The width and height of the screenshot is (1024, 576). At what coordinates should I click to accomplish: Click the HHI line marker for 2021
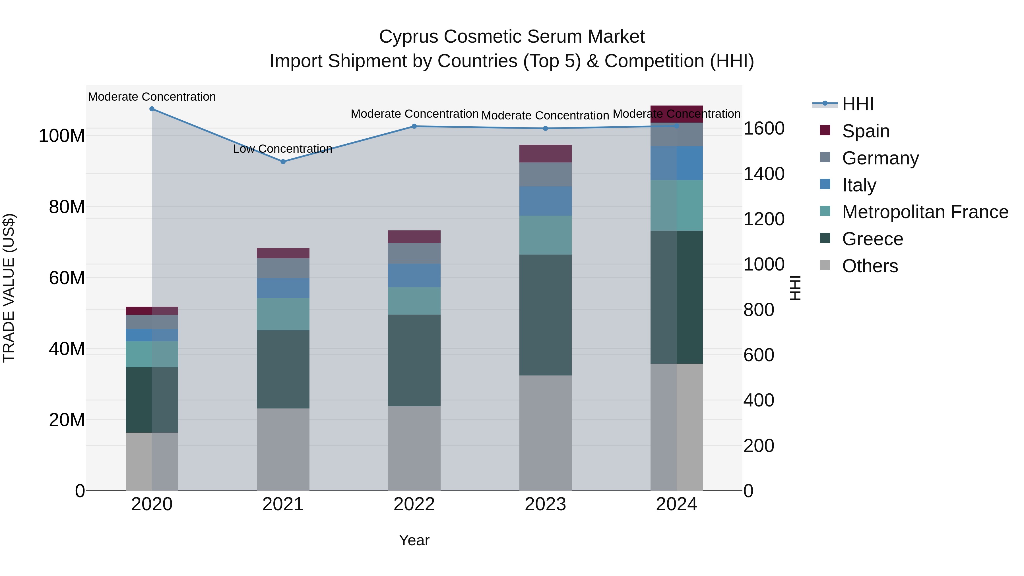coord(283,162)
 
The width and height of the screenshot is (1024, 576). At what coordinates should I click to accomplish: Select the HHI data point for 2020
coord(152,109)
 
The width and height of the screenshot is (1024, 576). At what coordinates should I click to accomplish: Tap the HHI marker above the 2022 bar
coord(414,126)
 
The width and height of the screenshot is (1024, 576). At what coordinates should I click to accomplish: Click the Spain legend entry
coord(865,131)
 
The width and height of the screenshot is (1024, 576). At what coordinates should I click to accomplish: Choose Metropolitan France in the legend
coord(925,212)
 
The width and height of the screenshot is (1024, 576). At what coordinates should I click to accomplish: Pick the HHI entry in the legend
coord(857,104)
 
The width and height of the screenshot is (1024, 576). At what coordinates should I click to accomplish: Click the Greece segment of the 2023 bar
coord(545,315)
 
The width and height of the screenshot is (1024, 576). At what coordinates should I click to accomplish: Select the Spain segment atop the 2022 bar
coord(414,237)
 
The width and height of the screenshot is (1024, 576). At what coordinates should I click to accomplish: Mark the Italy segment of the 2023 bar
coord(545,201)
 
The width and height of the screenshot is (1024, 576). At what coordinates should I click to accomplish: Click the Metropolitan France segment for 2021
coord(283,314)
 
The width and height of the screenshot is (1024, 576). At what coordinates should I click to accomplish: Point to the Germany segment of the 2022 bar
coord(414,253)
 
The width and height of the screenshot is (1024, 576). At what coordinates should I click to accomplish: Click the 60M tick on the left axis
coord(67,278)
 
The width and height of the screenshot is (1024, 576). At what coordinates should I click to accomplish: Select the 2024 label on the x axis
coord(677,504)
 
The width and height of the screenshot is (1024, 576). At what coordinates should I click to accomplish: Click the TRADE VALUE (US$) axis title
coord(9,288)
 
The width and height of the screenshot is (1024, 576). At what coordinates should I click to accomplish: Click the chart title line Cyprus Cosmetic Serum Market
coord(512,37)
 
